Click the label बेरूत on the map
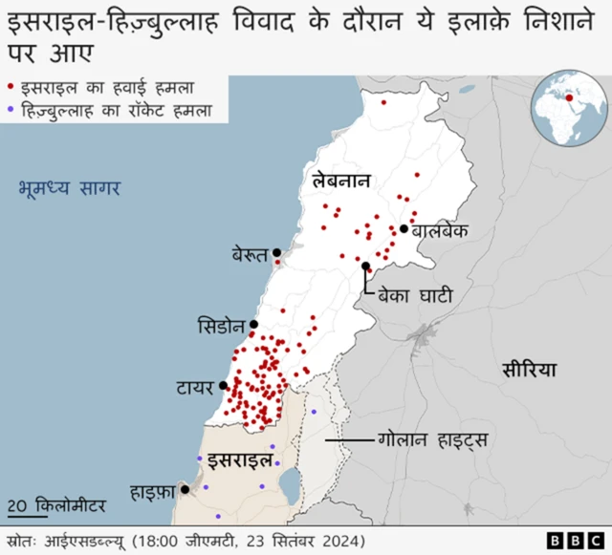click(251, 254)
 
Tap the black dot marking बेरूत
click(277, 253)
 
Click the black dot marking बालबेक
click(404, 229)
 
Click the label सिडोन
click(222, 325)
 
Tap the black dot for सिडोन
click(253, 325)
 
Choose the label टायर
click(195, 387)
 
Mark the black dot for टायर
click(223, 386)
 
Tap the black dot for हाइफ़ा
click(185, 488)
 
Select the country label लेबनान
click(339, 181)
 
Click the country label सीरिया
click(528, 370)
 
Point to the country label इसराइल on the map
click(240, 459)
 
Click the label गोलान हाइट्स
click(433, 440)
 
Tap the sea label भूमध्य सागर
click(68, 186)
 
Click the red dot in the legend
click(11, 86)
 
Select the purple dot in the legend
click(11, 110)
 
